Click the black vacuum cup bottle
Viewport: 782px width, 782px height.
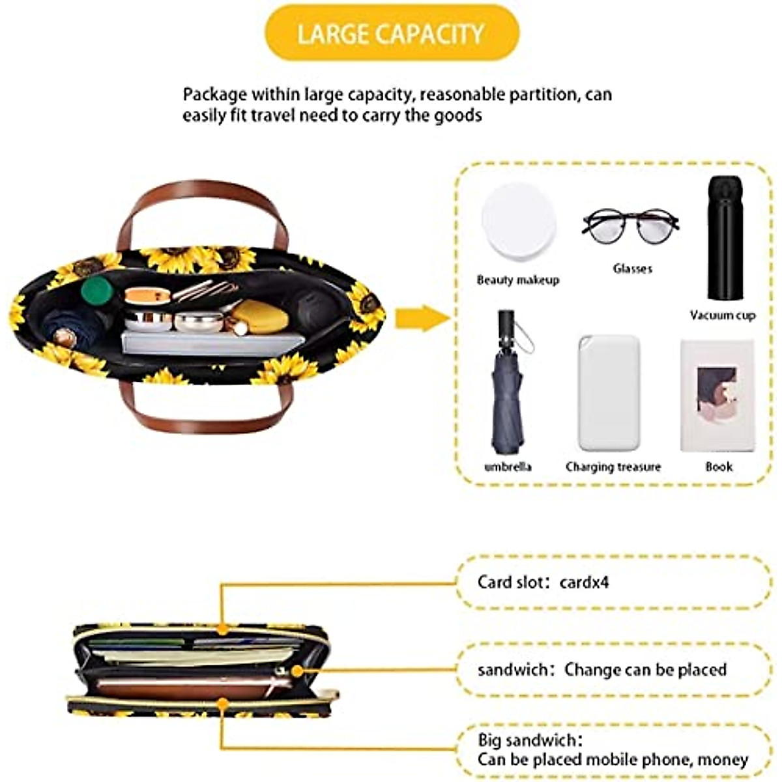pyautogui.click(x=721, y=239)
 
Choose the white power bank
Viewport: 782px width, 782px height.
pyautogui.click(x=609, y=393)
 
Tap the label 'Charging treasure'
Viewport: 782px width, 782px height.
pyautogui.click(x=613, y=467)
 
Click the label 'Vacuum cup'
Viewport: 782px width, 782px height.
pyautogui.click(x=723, y=315)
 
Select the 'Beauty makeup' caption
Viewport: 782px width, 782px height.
pyautogui.click(x=518, y=280)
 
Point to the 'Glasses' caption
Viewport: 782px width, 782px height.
pyautogui.click(x=632, y=268)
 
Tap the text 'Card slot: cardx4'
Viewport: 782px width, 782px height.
pyautogui.click(x=543, y=582)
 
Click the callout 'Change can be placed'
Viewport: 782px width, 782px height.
pyautogui.click(x=645, y=669)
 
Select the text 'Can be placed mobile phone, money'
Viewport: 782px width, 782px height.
pyautogui.click(x=613, y=759)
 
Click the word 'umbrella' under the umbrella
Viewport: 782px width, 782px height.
pyautogui.click(x=508, y=467)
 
